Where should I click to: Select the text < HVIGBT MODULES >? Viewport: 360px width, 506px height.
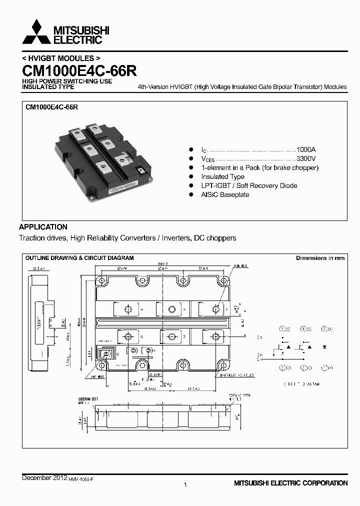[x=57, y=58]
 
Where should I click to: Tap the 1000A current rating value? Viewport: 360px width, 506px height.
[x=306, y=149]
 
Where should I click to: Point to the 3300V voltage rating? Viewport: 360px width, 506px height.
[x=305, y=158]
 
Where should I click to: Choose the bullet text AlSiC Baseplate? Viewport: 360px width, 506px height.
[x=225, y=194]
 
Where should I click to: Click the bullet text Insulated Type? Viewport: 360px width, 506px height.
[x=222, y=176]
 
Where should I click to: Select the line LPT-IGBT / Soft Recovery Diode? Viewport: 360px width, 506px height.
[x=249, y=185]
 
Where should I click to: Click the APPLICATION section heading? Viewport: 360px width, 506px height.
[x=43, y=226]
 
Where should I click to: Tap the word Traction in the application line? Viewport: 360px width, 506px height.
[x=32, y=238]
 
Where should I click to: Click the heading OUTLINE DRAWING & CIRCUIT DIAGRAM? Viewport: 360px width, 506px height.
[x=79, y=258]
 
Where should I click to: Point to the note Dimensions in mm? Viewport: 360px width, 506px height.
[x=320, y=258]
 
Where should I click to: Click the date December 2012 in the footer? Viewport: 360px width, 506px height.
[x=44, y=478]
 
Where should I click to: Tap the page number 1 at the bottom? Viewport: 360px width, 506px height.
[x=185, y=484]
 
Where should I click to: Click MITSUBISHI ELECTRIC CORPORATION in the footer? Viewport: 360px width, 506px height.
[x=290, y=483]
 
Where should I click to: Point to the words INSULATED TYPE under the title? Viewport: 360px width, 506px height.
[x=48, y=86]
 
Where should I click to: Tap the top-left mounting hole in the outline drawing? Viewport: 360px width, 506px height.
[x=101, y=279]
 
